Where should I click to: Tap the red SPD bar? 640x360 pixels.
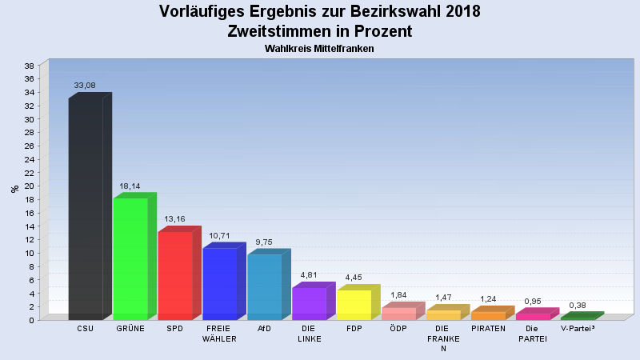click(175, 275)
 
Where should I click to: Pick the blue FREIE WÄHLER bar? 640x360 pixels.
click(220, 283)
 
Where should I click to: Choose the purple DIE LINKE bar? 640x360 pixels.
click(310, 303)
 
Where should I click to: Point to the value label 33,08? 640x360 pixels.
click(85, 85)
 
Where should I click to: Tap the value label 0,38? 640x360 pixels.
click(578, 305)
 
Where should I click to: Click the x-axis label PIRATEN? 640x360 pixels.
click(488, 329)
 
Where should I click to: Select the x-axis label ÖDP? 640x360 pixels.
click(399, 329)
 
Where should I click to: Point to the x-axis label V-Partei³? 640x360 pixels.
click(578, 329)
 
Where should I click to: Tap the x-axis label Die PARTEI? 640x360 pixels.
click(533, 333)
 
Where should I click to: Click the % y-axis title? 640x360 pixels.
click(14, 190)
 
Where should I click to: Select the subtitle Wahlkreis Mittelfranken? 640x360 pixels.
click(320, 49)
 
